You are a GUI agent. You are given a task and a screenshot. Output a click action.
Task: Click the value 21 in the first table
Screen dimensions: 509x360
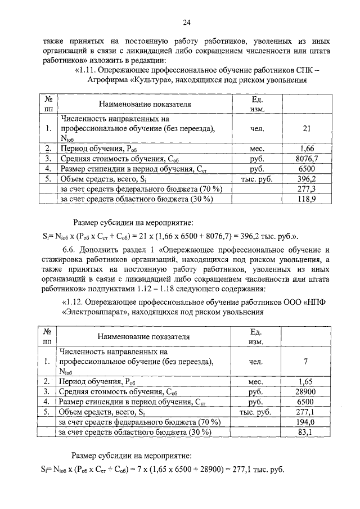coord(307,129)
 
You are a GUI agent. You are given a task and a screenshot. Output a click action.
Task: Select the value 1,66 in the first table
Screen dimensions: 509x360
coord(307,148)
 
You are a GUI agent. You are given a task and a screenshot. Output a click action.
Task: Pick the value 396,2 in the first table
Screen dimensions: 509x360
coord(307,179)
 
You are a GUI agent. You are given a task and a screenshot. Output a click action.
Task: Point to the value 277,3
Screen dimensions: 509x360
coord(307,189)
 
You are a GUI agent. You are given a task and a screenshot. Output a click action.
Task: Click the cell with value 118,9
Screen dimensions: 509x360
coord(307,199)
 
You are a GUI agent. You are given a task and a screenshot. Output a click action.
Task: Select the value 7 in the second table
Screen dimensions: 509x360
coord(306,361)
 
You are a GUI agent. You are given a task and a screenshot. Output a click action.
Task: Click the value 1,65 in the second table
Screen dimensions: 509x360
coord(306,381)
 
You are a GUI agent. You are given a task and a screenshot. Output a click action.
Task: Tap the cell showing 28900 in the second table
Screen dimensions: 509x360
coord(306,391)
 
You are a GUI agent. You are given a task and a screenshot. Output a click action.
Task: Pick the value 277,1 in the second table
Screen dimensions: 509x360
coord(306,412)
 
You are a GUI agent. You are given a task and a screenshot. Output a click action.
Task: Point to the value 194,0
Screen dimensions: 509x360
coord(306,422)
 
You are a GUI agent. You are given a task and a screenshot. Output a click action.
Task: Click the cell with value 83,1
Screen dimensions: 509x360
coord(306,432)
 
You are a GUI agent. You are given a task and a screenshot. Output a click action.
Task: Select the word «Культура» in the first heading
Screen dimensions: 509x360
coord(152,80)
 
